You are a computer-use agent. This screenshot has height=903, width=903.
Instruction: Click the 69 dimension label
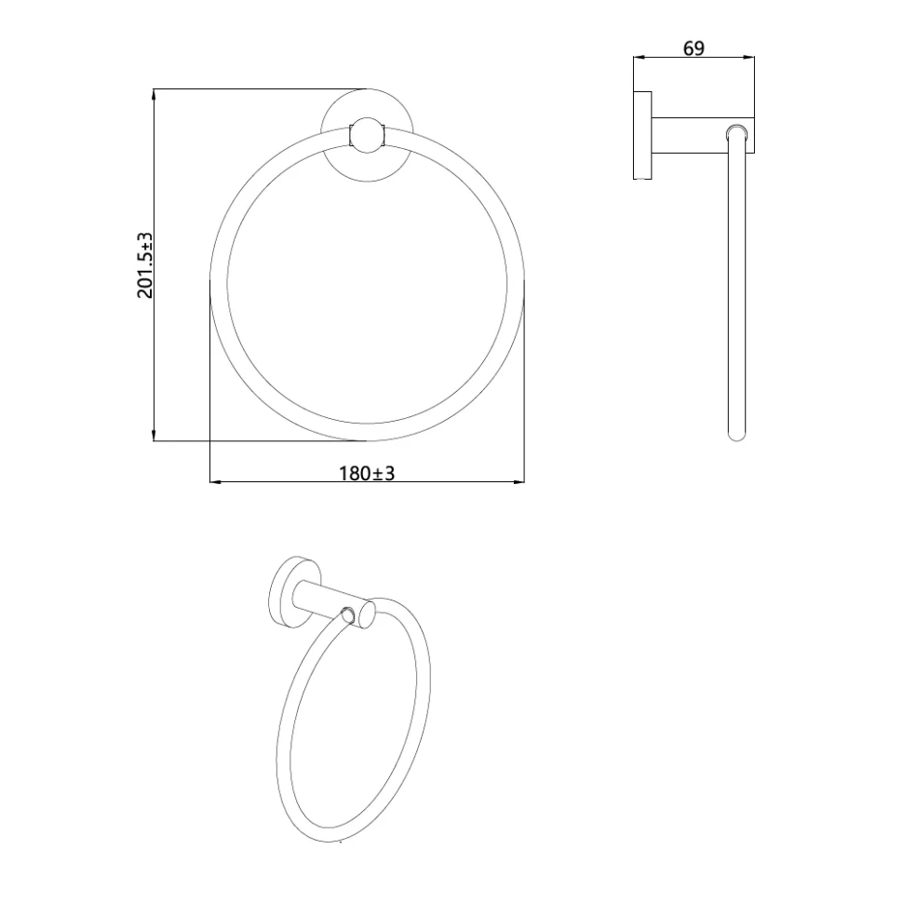click(x=694, y=48)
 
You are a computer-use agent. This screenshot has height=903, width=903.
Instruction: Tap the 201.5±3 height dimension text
click(x=145, y=265)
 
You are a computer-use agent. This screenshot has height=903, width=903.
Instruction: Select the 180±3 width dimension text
click(x=367, y=474)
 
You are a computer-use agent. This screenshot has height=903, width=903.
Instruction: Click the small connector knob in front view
click(x=367, y=135)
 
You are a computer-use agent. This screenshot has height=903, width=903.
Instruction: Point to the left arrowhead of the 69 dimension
click(x=639, y=57)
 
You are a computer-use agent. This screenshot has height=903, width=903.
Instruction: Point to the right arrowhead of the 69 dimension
click(x=749, y=57)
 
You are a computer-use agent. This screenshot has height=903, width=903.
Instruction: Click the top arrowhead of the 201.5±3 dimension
click(x=154, y=95)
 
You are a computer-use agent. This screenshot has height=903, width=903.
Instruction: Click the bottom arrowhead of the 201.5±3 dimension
click(x=154, y=435)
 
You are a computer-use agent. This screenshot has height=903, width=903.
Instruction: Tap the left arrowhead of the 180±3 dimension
click(x=216, y=481)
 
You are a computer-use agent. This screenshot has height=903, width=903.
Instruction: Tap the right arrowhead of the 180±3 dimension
click(x=519, y=481)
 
